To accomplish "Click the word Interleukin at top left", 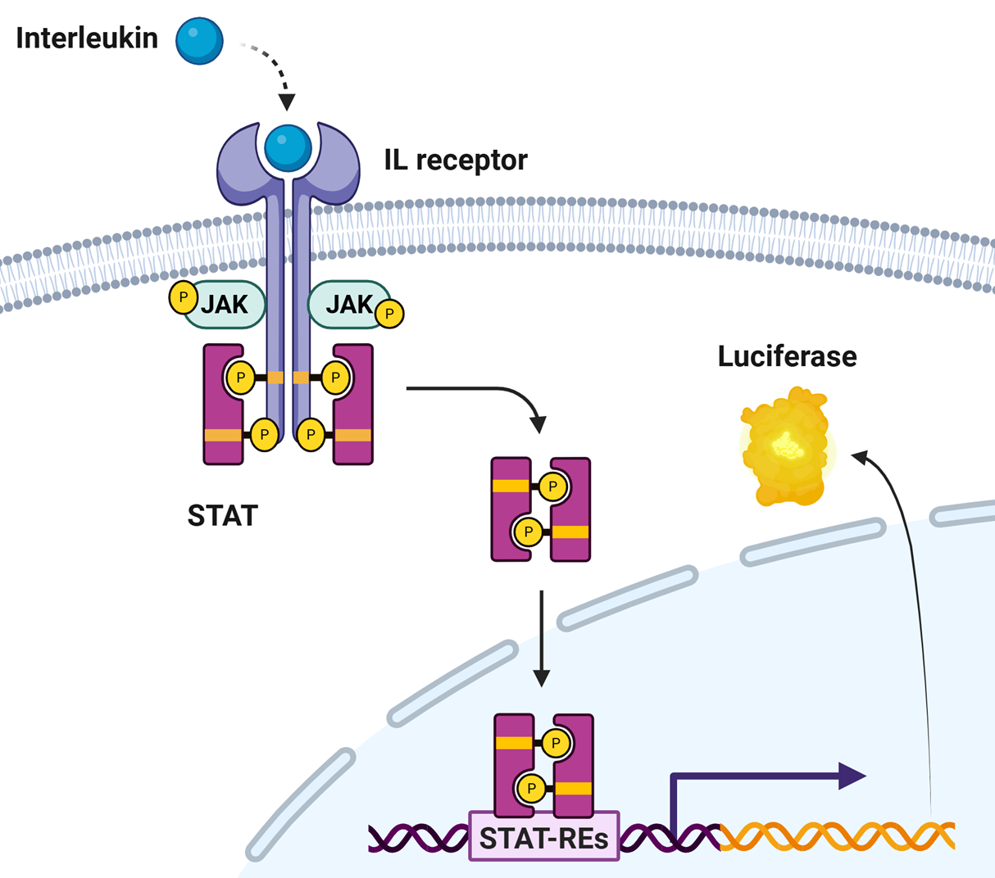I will click(x=87, y=38).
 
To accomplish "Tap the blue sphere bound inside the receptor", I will click(x=288, y=147).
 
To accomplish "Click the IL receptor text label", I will click(x=456, y=160).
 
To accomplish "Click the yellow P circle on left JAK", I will click(x=183, y=297).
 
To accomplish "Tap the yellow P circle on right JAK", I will click(x=390, y=314).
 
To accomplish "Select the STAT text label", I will click(x=222, y=516).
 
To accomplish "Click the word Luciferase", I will click(x=787, y=356).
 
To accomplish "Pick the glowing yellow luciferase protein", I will click(x=785, y=446).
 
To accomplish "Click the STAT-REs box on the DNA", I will click(x=543, y=837).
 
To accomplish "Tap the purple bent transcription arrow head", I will click(x=852, y=774).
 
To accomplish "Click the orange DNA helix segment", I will click(x=836, y=836).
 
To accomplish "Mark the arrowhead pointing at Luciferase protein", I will click(x=861, y=456).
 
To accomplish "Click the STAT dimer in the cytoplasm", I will click(x=541, y=509).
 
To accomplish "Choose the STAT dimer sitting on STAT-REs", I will click(x=543, y=766).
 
